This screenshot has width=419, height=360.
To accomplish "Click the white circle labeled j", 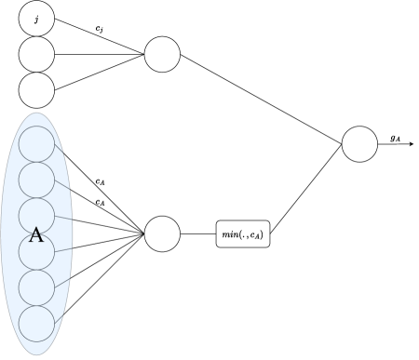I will pyautogui.click(x=36, y=18).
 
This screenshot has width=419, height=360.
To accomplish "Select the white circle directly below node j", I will pyautogui.click(x=36, y=54).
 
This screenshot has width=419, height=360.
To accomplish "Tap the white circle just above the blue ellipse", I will pyautogui.click(x=36, y=90).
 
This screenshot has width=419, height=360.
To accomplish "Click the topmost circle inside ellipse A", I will pyautogui.click(x=37, y=143).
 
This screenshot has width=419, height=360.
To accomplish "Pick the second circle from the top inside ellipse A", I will pyautogui.click(x=37, y=180).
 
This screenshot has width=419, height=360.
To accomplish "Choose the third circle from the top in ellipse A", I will pyautogui.click(x=37, y=215).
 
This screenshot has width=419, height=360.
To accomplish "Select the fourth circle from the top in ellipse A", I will pyautogui.click(x=37, y=251).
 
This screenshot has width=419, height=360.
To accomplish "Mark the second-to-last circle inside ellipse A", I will pyautogui.click(x=37, y=287).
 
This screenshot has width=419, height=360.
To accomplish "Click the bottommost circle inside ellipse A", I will pyautogui.click(x=37, y=323).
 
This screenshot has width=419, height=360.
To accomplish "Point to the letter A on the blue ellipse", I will pyautogui.click(x=36, y=234).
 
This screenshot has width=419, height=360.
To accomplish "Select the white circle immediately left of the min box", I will pyautogui.click(x=162, y=233).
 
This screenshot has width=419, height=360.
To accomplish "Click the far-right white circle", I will pyautogui.click(x=359, y=144).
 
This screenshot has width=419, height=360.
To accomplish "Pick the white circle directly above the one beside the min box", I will pyautogui.click(x=162, y=54).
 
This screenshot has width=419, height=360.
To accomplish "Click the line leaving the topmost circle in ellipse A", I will pyautogui.click(x=61, y=147).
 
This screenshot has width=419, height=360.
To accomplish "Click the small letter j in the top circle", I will pyautogui.click(x=36, y=18).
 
